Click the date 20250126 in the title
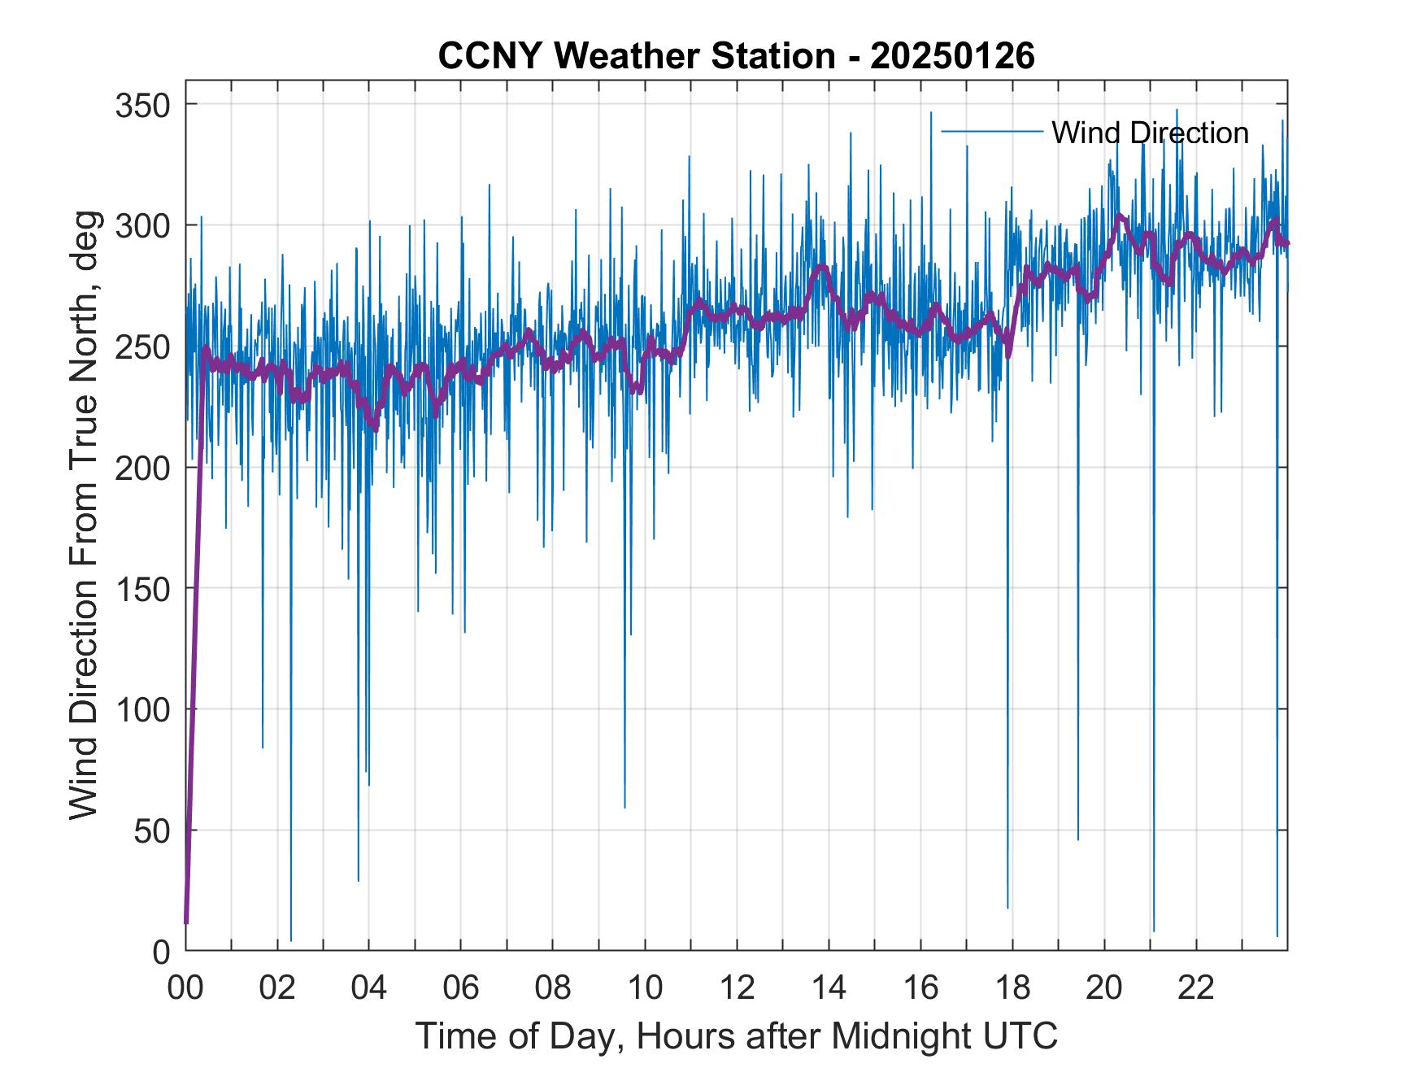[x=953, y=56]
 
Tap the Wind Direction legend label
[x=1150, y=133]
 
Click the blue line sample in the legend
[x=991, y=132]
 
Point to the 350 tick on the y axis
[x=146, y=105]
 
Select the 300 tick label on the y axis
[x=146, y=225]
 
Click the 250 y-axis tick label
[x=146, y=347]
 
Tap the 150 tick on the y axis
[x=146, y=588]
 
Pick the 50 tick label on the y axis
[x=154, y=830]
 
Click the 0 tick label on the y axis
[x=162, y=951]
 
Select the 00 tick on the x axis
[x=185, y=987]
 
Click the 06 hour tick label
[x=461, y=987]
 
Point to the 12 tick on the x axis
[x=737, y=987]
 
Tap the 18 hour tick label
[x=1012, y=987]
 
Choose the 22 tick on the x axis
[x=1196, y=987]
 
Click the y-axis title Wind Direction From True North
[x=84, y=515]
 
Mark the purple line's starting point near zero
[x=186, y=922]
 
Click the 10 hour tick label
[x=645, y=987]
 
